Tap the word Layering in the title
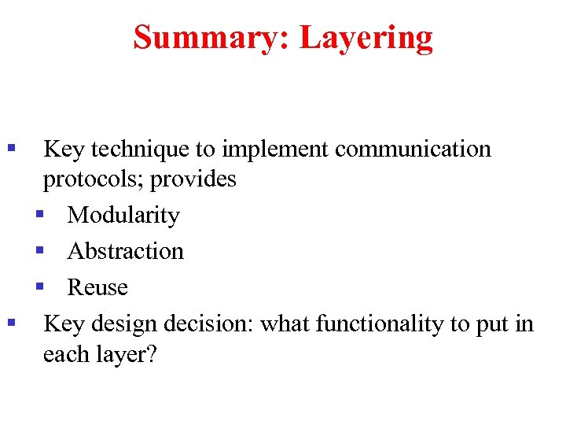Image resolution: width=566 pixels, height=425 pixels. [x=366, y=37]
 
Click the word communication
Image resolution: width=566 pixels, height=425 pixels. [x=413, y=149]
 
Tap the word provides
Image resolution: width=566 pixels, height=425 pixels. [x=193, y=179]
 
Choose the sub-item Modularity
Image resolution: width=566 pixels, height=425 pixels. [x=123, y=215]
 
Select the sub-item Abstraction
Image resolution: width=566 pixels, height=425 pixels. [x=126, y=251]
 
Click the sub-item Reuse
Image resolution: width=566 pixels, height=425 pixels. [x=97, y=287]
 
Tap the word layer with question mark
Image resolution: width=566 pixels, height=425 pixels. [x=126, y=354]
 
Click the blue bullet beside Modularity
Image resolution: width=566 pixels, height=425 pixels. [x=39, y=214]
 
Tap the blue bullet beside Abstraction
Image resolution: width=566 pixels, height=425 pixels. [x=39, y=250]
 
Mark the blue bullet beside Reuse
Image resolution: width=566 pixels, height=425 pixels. [x=39, y=286]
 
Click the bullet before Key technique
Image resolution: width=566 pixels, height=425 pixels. [x=11, y=148]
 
